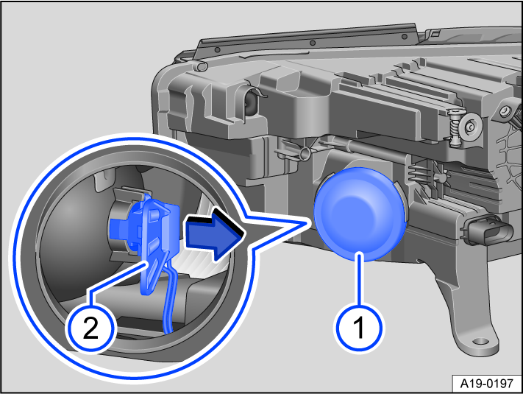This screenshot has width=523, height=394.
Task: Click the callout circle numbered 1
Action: pyautogui.click(x=360, y=326)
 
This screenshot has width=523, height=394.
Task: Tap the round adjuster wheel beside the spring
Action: pyautogui.click(x=467, y=130)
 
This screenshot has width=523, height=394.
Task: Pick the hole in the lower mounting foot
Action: pyautogui.click(x=481, y=342)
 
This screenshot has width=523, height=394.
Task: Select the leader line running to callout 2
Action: pyautogui.click(x=121, y=284)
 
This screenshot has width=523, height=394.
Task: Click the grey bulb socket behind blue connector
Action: pyautogui.click(x=118, y=221)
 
